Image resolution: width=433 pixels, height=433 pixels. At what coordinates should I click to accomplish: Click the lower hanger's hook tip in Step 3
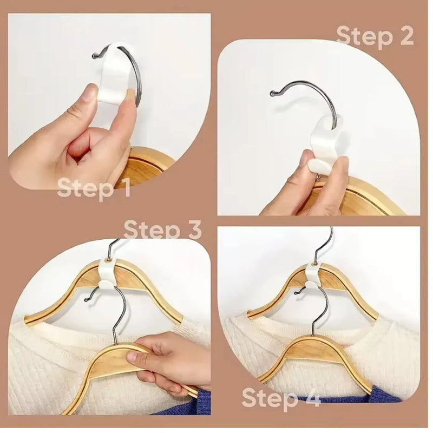click(x=87, y=299)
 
